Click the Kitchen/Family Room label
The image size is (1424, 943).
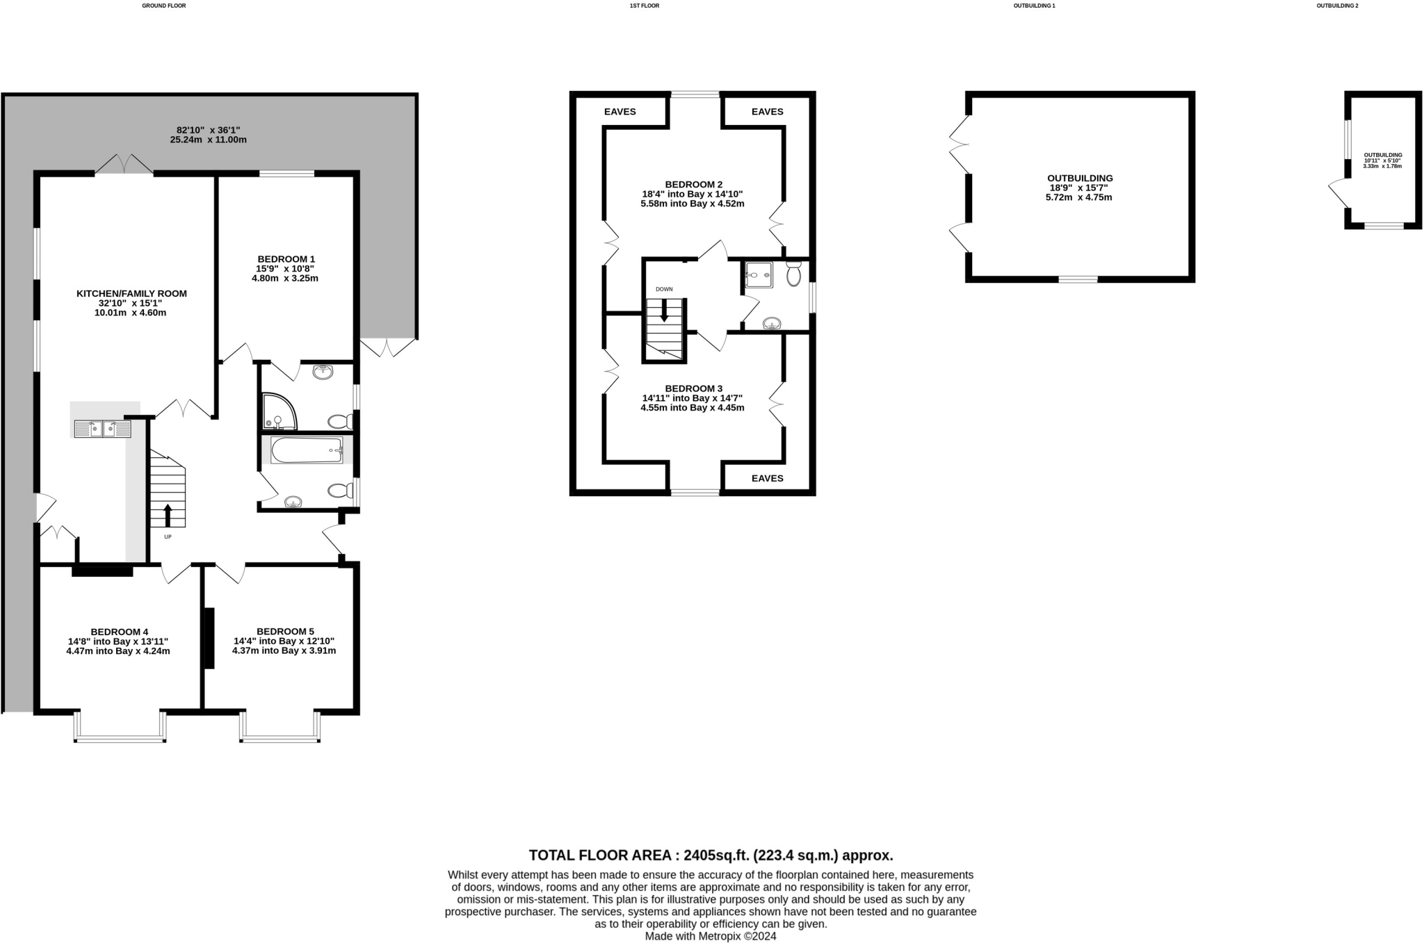[131, 294]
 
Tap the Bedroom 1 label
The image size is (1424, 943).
[285, 259]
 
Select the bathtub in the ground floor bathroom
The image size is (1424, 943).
[307, 450]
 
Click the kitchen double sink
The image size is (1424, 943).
[102, 429]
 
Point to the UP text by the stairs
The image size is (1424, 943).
[168, 536]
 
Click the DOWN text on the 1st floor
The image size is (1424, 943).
[664, 289]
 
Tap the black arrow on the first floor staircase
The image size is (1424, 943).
[664, 310]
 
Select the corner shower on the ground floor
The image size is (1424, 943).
[278, 412]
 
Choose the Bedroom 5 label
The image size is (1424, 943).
[284, 632]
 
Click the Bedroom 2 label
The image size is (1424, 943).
[693, 184]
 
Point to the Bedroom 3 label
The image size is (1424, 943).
[693, 388]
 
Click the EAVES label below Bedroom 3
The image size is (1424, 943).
[767, 478]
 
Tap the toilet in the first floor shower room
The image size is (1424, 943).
[793, 274]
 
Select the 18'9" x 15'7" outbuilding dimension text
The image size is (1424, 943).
[1078, 188]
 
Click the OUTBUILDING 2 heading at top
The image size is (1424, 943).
[1337, 6]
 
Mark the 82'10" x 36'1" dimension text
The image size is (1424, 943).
[208, 130]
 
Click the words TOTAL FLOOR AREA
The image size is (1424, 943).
[602, 855]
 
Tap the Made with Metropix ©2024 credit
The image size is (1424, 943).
[710, 936]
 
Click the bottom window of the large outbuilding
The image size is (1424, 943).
[1078, 279]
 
